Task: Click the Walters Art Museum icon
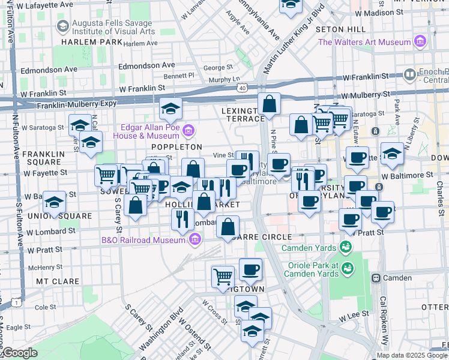coord(420,42)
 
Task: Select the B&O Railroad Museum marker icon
coord(194,241)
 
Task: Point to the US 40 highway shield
coord(242,87)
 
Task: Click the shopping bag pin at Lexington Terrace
coord(270,103)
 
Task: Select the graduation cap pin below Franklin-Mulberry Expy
coord(170,109)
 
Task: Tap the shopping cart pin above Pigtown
coord(223,275)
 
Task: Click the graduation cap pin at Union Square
coord(55,202)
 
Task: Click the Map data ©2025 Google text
coord(412,355)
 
